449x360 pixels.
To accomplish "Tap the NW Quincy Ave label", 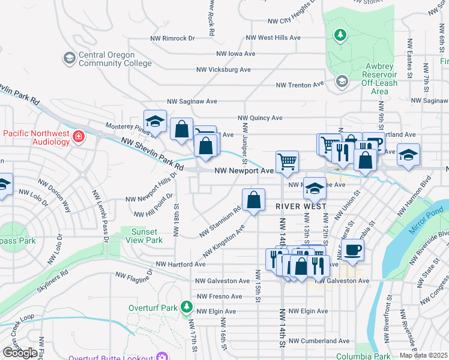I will pos(260,118).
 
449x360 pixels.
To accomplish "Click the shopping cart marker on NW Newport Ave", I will pos(287,161).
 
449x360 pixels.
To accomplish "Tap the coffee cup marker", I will pos(354,249).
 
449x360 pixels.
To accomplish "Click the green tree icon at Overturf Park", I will pos(186,308).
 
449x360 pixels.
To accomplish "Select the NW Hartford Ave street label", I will pos(181,264).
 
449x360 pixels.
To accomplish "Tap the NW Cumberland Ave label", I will pos(319,341).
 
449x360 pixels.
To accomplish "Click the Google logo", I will pos(19,353).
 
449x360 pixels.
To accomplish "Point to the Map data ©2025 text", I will pos(423,355).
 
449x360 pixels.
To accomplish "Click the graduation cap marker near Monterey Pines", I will pos(155,121).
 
